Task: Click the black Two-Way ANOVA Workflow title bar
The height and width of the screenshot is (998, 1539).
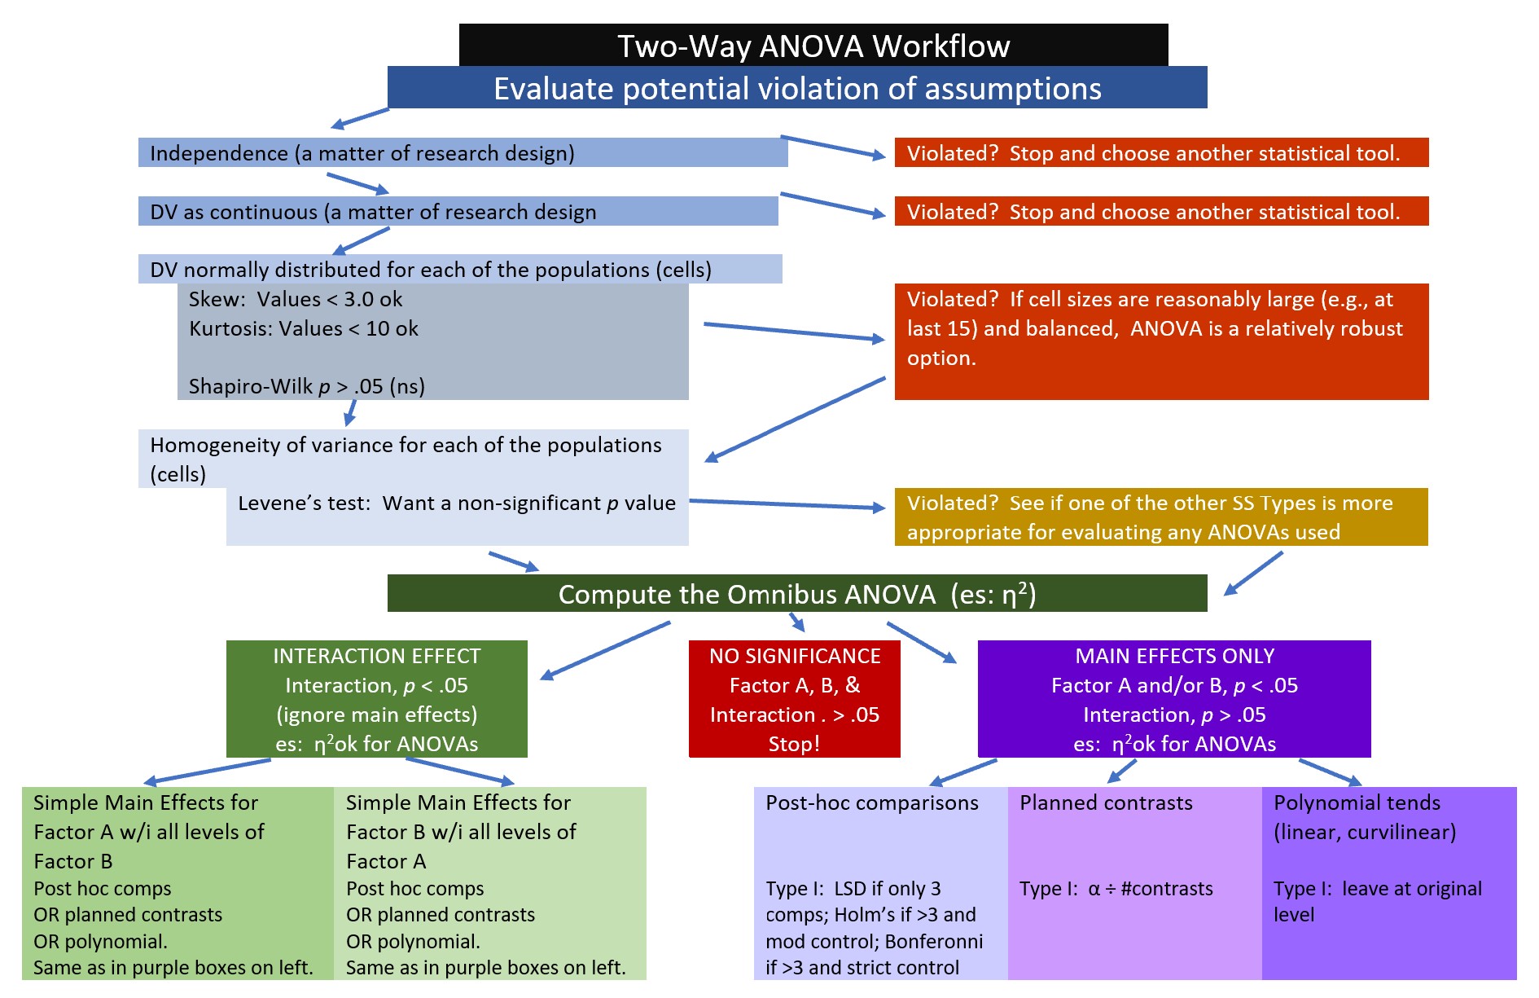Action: pyautogui.click(x=813, y=46)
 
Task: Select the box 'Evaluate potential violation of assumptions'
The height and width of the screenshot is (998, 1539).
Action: pyautogui.click(x=796, y=88)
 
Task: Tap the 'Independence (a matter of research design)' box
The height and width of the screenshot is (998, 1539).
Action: pyautogui.click(x=463, y=153)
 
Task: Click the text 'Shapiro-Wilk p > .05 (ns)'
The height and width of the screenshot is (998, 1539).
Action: pyautogui.click(x=307, y=386)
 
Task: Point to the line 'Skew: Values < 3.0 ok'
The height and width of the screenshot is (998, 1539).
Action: pyautogui.click(x=296, y=299)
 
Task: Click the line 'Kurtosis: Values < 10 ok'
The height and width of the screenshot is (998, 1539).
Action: pyautogui.click(x=303, y=328)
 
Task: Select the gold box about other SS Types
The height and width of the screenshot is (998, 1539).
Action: pyautogui.click(x=1160, y=517)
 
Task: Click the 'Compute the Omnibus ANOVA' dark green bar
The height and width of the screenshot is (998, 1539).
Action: pyautogui.click(x=796, y=594)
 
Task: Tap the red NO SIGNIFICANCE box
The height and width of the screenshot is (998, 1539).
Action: pyautogui.click(x=794, y=699)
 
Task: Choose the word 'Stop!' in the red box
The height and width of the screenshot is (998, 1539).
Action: pyautogui.click(x=794, y=744)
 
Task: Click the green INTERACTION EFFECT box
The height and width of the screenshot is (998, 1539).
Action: pyautogui.click(x=376, y=699)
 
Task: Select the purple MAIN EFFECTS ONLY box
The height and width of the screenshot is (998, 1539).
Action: pyautogui.click(x=1173, y=699)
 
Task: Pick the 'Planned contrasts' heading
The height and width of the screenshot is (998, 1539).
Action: pyautogui.click(x=1106, y=803)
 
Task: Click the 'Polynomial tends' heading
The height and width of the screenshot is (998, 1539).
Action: pyautogui.click(x=1357, y=803)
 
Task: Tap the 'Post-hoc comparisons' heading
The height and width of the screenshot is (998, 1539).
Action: pyautogui.click(x=871, y=803)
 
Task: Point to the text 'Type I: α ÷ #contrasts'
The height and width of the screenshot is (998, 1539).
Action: pyautogui.click(x=1116, y=889)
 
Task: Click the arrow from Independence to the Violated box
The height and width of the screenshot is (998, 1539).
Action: pyautogui.click(x=832, y=147)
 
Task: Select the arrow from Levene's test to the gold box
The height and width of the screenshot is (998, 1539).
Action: pyautogui.click(x=787, y=504)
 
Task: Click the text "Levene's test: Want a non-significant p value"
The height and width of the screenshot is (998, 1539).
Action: pyautogui.click(x=456, y=503)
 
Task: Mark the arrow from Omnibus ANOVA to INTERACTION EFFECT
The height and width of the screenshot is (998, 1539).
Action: pyautogui.click(x=605, y=650)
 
